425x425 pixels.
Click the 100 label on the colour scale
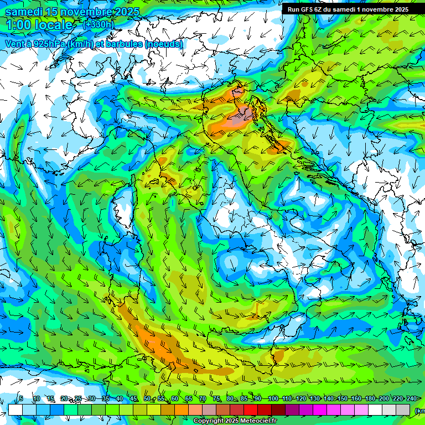pos(273,398)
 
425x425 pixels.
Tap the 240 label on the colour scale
pos(411,398)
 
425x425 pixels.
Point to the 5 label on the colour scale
pos(21,398)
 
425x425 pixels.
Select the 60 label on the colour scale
pos(174,398)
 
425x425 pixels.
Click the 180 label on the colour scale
pos(370,398)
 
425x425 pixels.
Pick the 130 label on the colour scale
pos(314,398)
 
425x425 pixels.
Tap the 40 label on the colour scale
pos(119,398)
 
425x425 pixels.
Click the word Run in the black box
pos(294,9)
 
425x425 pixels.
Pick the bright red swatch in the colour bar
pos(251,410)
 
